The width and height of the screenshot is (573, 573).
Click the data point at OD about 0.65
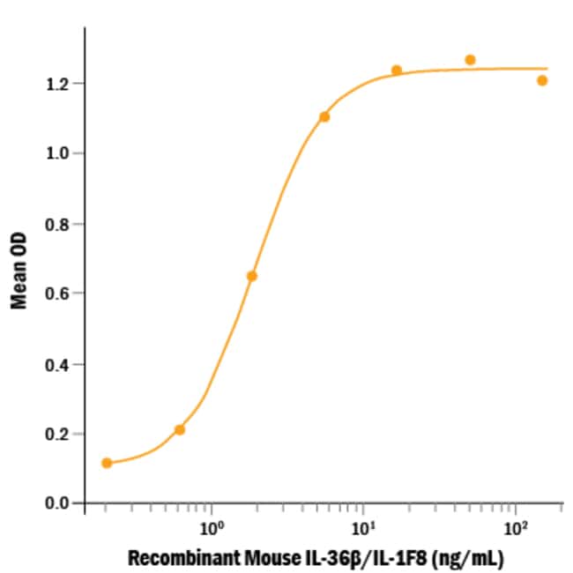252,276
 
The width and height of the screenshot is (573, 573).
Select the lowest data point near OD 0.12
107,463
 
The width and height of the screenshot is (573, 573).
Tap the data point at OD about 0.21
180,429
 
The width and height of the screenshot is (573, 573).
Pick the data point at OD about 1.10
324,116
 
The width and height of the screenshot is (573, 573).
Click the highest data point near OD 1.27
470,60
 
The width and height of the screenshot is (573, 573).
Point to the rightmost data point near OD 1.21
542,80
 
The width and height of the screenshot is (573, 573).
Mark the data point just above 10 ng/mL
397,71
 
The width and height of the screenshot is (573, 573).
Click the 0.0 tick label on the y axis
60,503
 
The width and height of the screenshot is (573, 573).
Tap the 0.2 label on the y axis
60,434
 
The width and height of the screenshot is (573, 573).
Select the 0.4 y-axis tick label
60,363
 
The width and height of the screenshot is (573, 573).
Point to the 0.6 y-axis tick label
60,294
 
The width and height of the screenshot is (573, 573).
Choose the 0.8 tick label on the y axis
60,223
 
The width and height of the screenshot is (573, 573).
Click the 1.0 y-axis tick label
60,153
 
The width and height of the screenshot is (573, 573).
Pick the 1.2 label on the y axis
60,84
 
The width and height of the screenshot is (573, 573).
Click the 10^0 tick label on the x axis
212,529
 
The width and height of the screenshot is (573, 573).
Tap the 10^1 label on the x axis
363,529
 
